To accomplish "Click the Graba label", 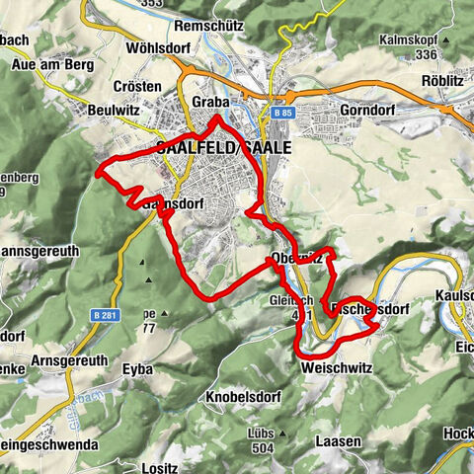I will (211, 102).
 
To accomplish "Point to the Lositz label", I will (159, 468).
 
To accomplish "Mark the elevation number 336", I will (421, 56).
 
